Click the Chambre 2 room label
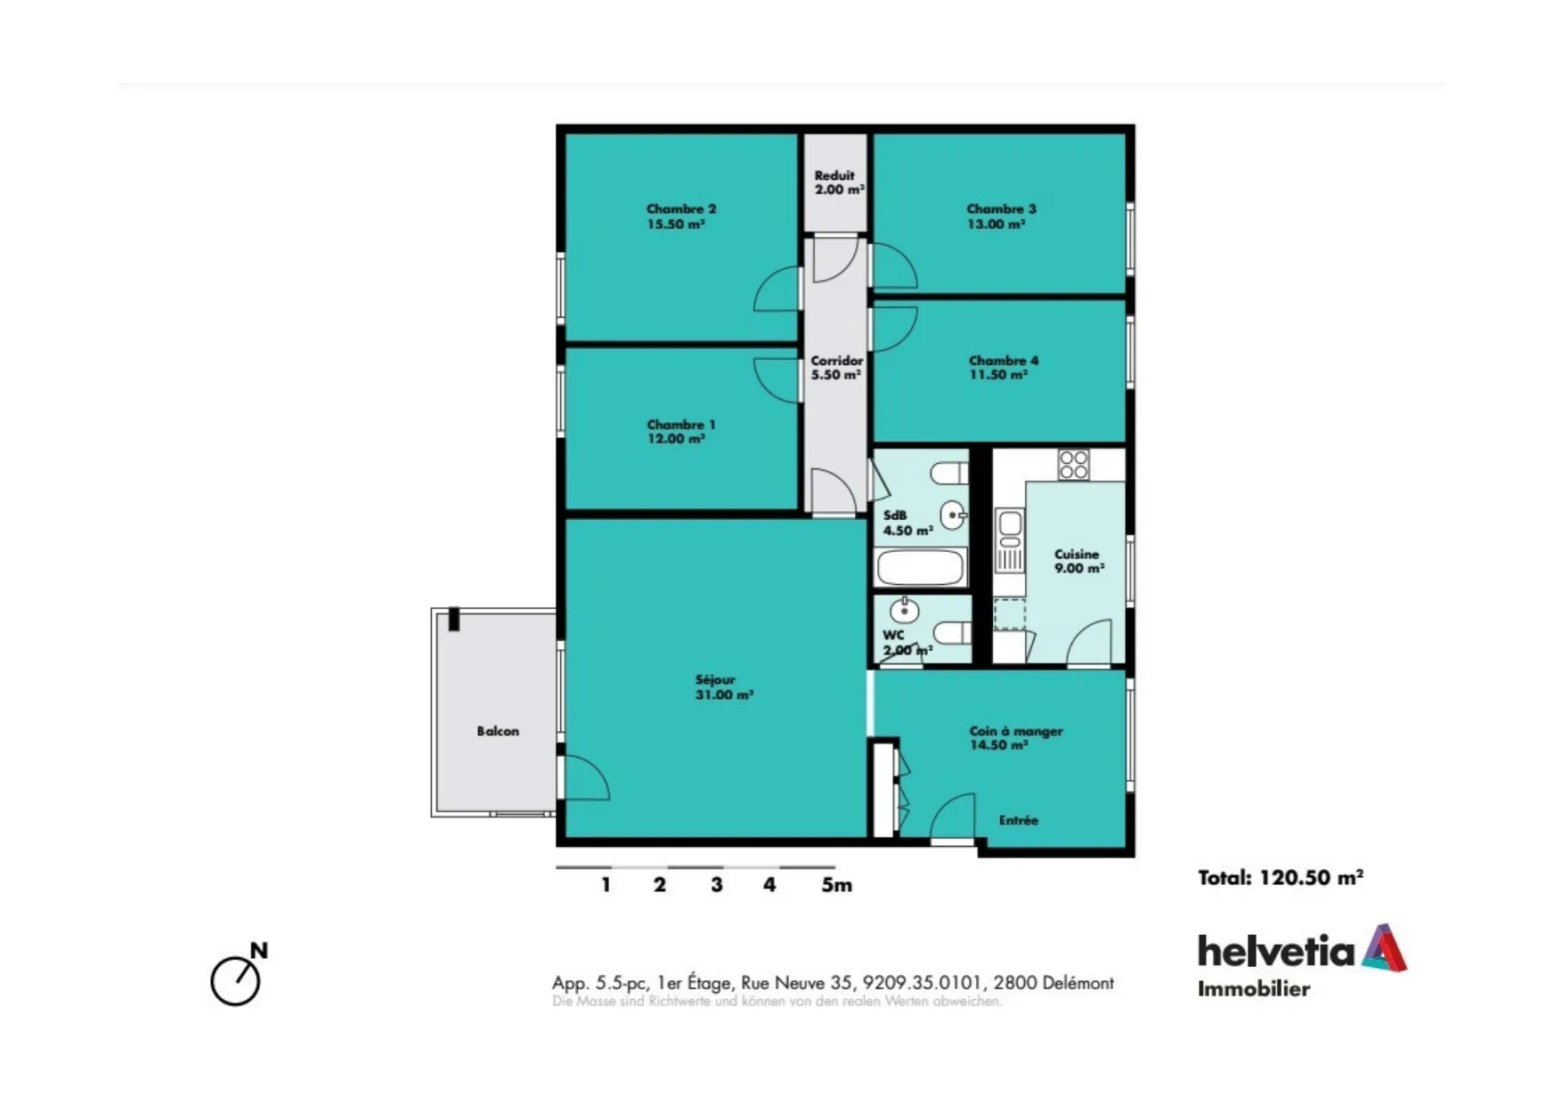tap(681, 209)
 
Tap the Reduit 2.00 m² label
tap(839, 183)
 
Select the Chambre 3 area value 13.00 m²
tap(997, 224)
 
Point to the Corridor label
tap(836, 361)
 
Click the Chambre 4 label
tap(1004, 361)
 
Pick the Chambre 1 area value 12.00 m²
tap(676, 439)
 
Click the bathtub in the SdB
tap(921, 567)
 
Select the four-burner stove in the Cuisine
tap(1073, 465)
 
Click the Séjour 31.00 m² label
tap(724, 687)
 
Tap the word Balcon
tap(498, 731)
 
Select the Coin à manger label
tap(1016, 731)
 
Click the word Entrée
tap(1019, 820)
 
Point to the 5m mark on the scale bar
tap(836, 885)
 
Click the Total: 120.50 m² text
tap(1281, 878)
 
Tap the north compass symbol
tap(238, 976)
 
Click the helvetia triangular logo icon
tap(1384, 947)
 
